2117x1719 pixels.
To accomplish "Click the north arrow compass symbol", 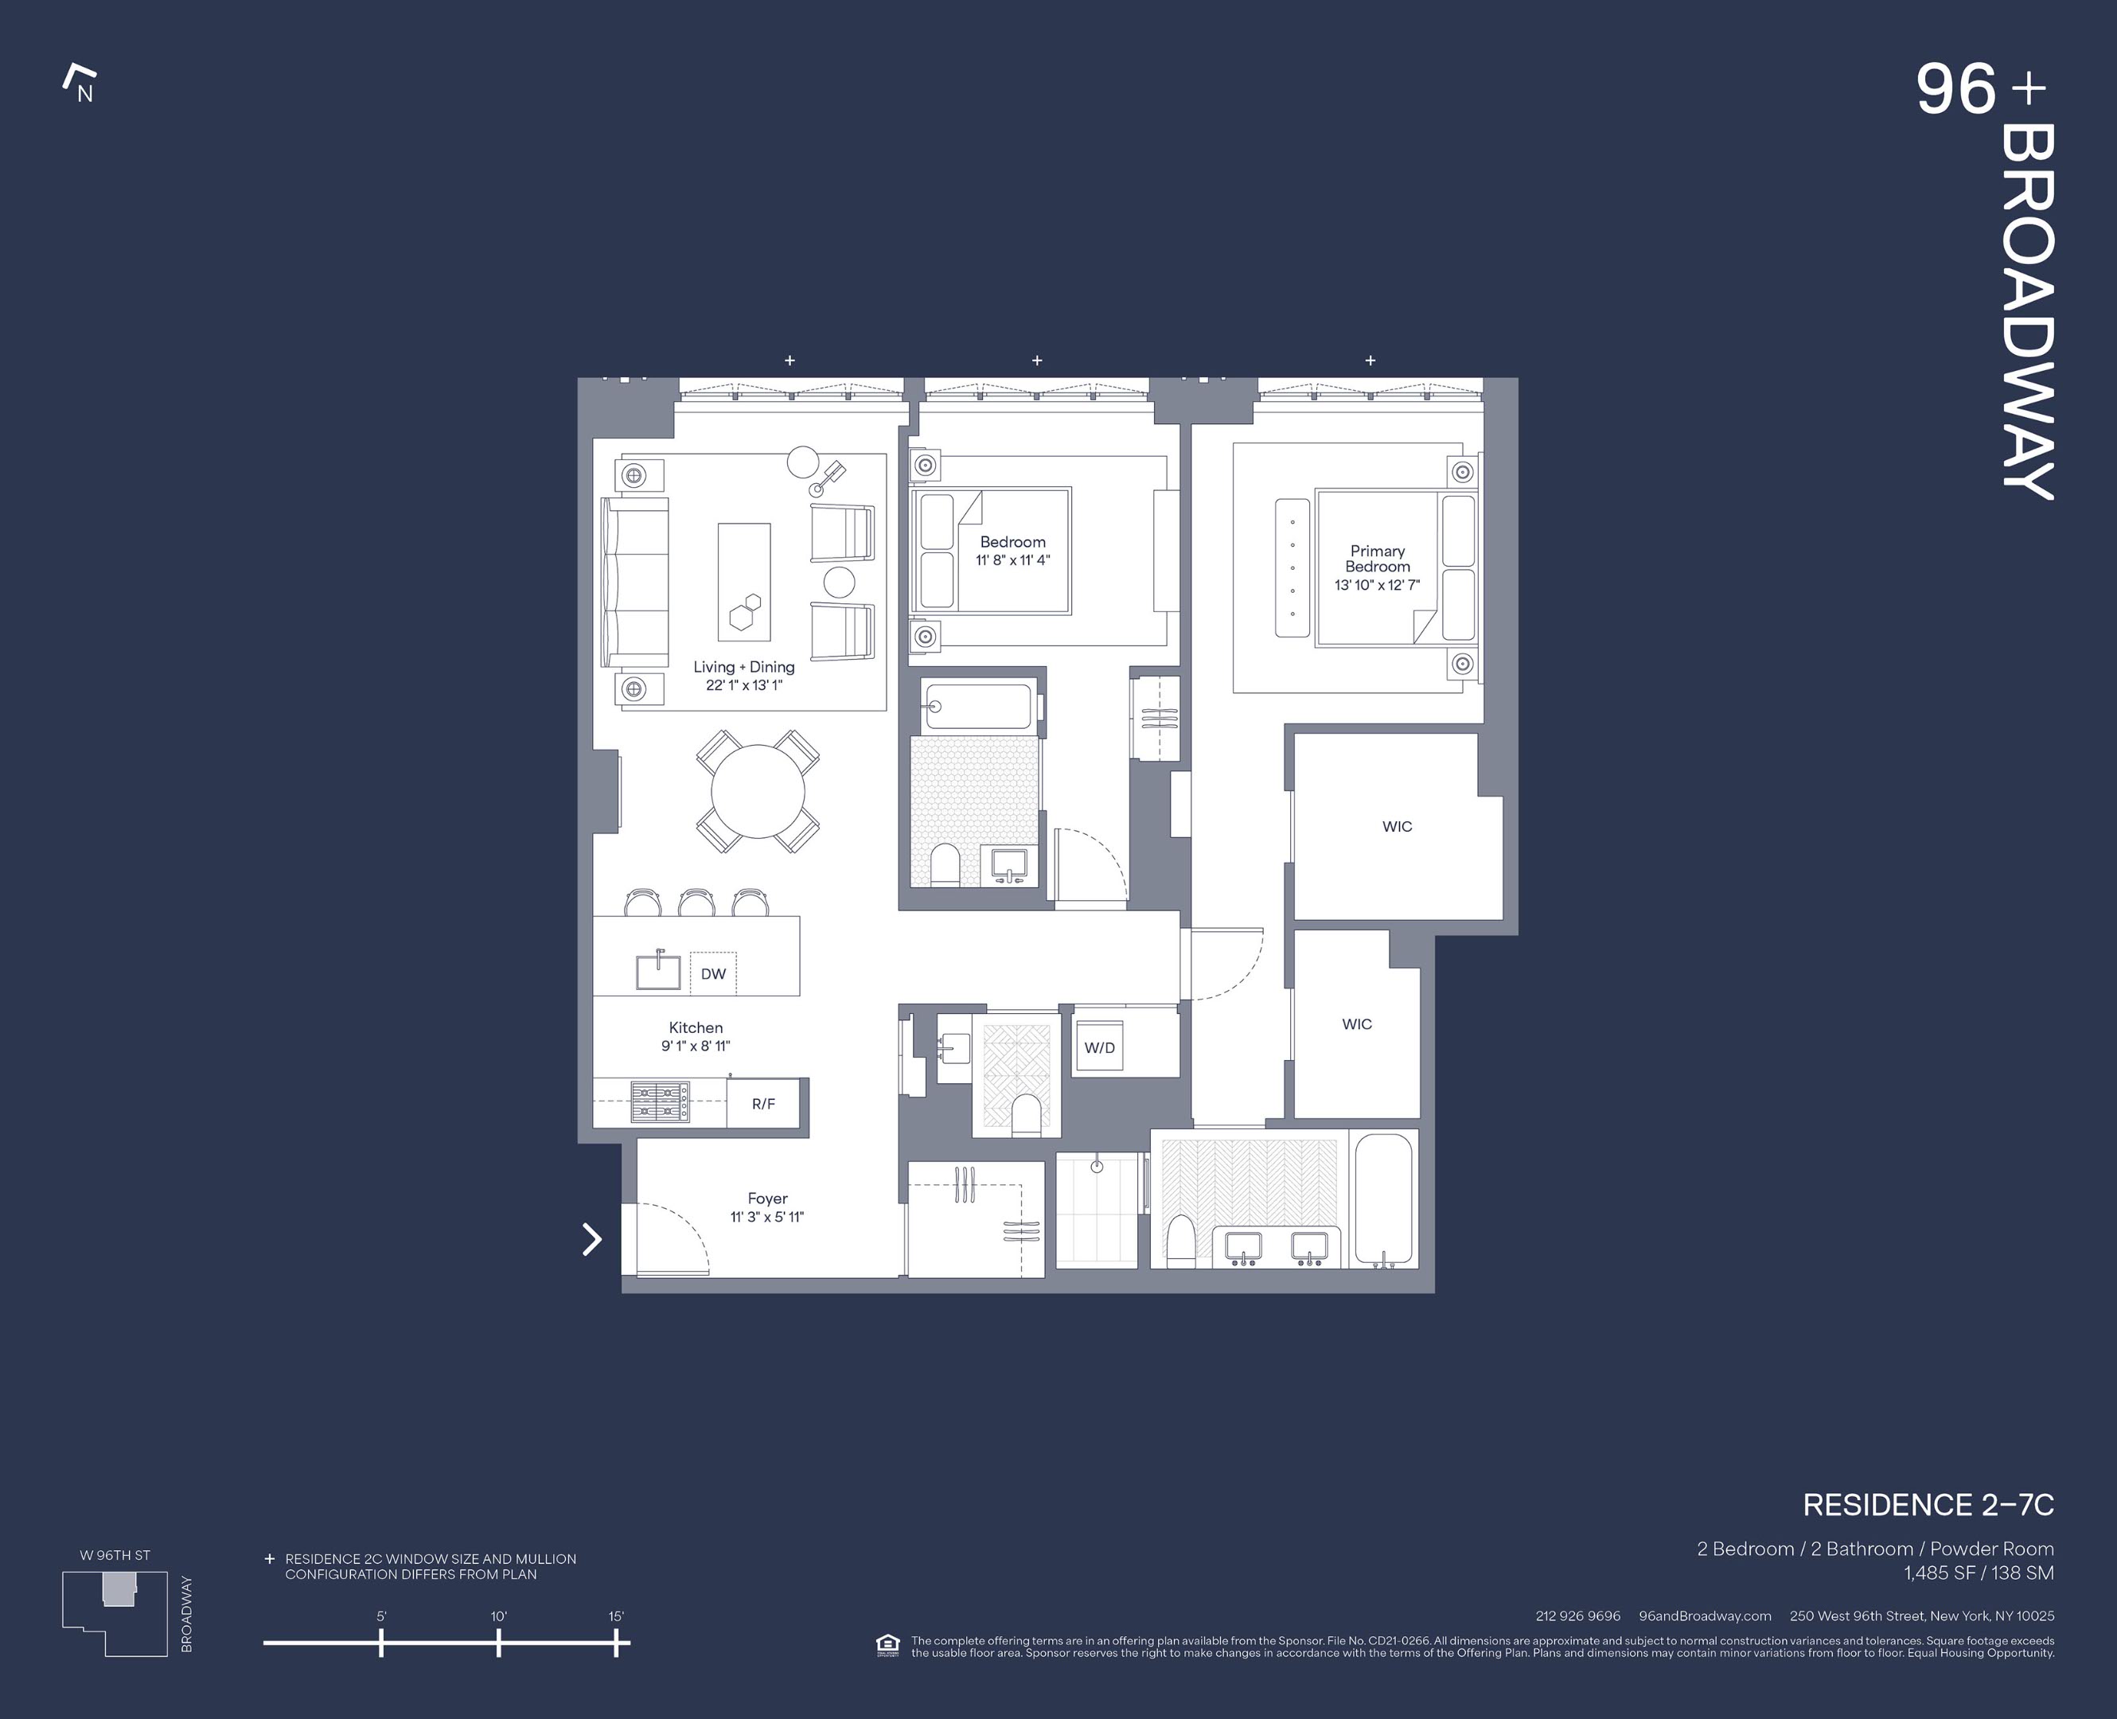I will pos(80,84).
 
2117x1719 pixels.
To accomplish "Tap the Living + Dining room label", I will pos(743,668).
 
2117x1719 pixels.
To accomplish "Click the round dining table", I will pos(758,792).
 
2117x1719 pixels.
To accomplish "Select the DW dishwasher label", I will pos(713,973).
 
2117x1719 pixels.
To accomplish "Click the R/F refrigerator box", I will pos(763,1103).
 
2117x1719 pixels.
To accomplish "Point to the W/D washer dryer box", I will pos(1099,1047).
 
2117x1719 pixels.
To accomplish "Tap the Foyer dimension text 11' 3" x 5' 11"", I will pos(767,1217).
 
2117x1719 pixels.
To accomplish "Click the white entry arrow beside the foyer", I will pos(591,1239).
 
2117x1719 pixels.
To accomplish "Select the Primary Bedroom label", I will pos(1378,559).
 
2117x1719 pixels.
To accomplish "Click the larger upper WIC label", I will pos(1398,827).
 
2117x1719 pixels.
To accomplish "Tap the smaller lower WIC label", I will pos(1356,1024).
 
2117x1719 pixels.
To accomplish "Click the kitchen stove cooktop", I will pos(661,1102).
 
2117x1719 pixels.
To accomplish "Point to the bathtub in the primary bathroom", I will pos(1383,1199).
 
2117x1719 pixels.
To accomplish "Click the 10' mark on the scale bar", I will pos(498,1643).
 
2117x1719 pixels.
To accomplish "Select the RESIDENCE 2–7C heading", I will pos(1928,1505).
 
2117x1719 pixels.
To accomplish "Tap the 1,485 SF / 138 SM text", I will pos(1979,1573).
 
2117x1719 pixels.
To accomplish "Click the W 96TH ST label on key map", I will pos(115,1554).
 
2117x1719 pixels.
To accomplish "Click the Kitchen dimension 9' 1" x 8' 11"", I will pos(696,1046).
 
